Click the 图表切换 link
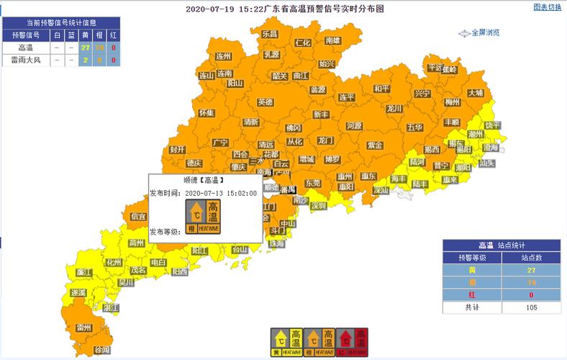(547, 7)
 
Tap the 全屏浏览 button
(480, 32)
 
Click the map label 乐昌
(269, 34)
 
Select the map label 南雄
(332, 41)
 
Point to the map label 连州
(224, 55)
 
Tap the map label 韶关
(280, 76)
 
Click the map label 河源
(353, 125)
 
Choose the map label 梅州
(452, 102)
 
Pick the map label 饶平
(492, 125)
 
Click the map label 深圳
(318, 205)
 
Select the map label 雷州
(84, 328)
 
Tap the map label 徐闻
(102, 349)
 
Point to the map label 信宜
(138, 216)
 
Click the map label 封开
(177, 150)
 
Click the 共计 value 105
(531, 307)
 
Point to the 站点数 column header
(531, 257)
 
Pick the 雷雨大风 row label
(25, 60)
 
